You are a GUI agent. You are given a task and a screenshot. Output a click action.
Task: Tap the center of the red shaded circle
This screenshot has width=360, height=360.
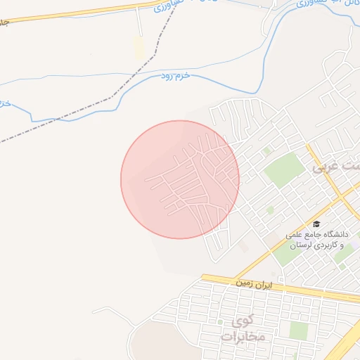180,179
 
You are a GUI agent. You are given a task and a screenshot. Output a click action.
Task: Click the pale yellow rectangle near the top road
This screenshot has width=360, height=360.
140,48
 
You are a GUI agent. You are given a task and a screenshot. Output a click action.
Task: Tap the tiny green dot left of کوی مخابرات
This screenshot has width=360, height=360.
220,323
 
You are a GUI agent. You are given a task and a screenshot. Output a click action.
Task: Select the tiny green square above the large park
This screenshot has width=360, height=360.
266,150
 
